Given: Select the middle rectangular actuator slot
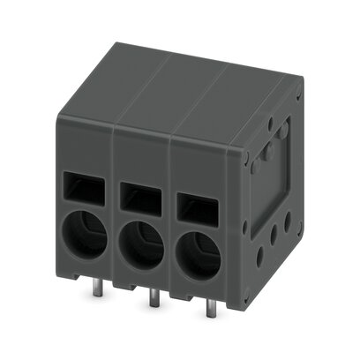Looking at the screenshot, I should coord(139,194).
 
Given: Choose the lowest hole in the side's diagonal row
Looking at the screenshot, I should coord(259,257).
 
